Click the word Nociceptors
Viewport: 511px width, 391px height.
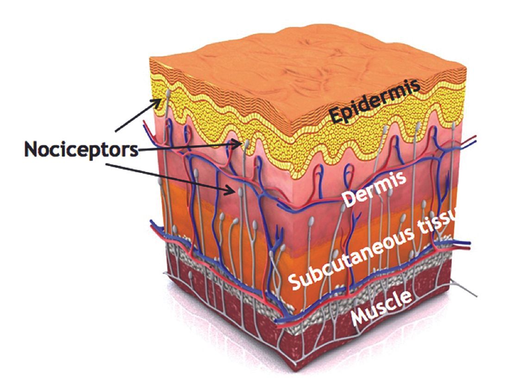[x=81, y=149]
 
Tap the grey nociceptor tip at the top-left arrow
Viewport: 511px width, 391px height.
[x=168, y=94]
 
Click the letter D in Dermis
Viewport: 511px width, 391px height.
[x=348, y=198]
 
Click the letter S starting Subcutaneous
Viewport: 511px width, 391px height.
[x=294, y=282]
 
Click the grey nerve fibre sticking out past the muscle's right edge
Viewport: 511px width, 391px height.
[x=464, y=289]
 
